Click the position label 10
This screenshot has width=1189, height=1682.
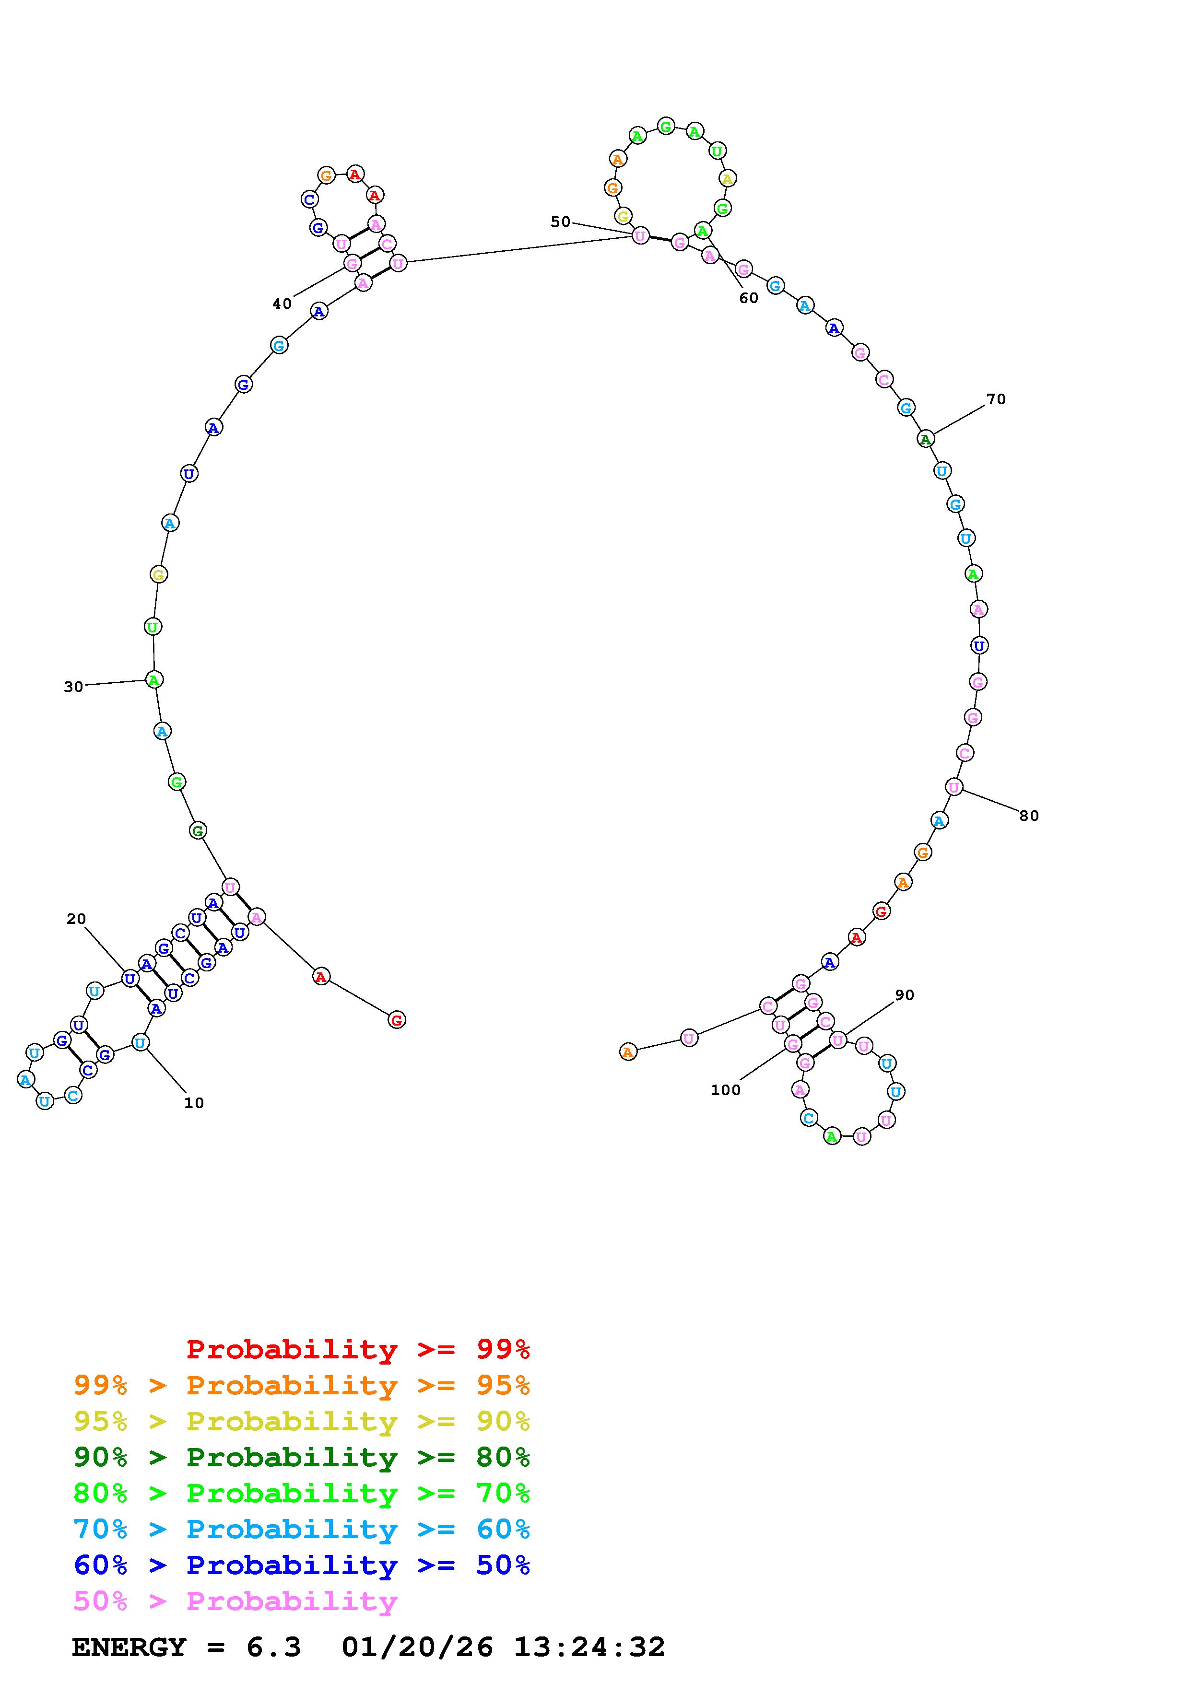193,1103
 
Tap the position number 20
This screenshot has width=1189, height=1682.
76,919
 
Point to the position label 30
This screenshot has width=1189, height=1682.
73,687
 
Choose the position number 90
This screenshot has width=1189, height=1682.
905,995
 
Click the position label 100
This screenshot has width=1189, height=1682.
725,1089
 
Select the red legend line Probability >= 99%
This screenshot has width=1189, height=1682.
358,1349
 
